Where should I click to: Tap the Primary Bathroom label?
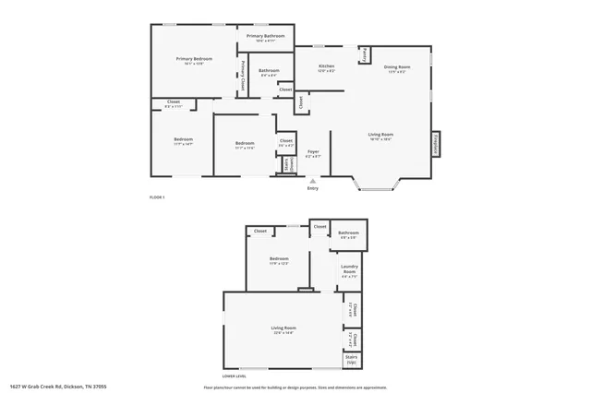tap(265, 36)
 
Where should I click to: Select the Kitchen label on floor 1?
tap(326, 66)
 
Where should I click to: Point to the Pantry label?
tap(366, 55)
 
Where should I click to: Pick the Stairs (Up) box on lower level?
tap(352, 359)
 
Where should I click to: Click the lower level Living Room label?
tap(283, 328)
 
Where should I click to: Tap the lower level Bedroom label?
tap(280, 259)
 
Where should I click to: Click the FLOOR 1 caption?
tap(157, 197)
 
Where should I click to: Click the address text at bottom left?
tap(58, 387)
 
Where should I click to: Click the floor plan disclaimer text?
tap(301, 387)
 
